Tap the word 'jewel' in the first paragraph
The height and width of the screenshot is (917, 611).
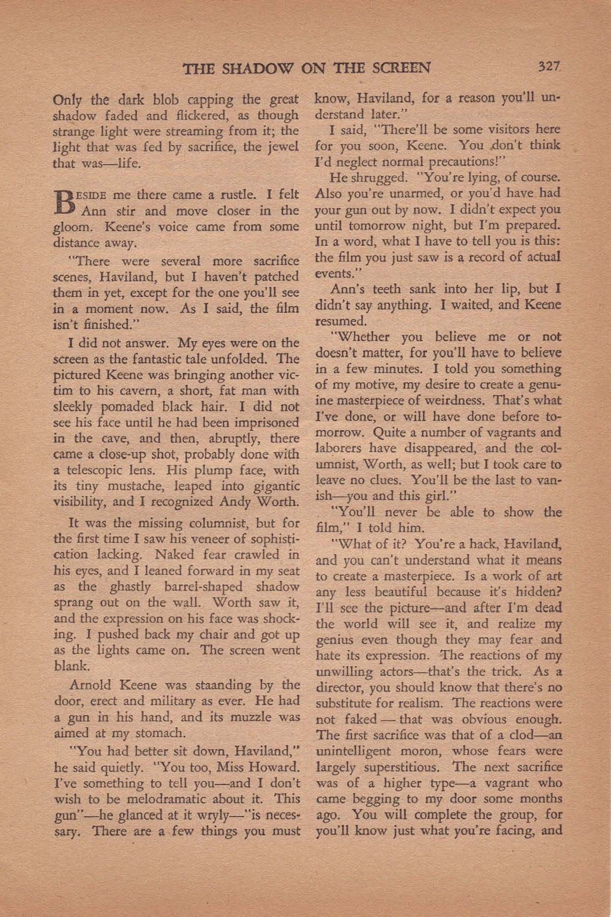(282, 147)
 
